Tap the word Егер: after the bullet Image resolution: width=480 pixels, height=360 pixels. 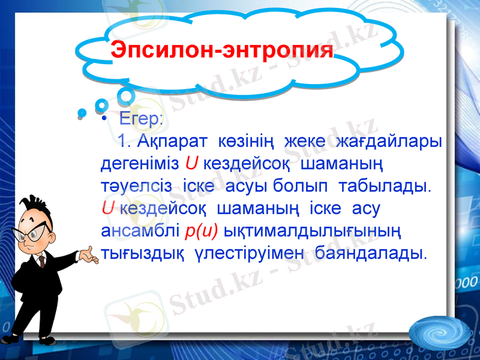tap(140, 118)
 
